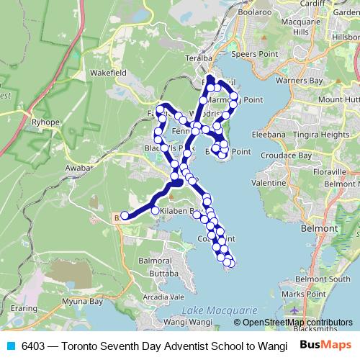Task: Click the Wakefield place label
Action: (x=109, y=73)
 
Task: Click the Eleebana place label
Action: (x=269, y=134)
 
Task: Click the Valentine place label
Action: (x=269, y=184)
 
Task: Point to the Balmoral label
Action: (x=153, y=259)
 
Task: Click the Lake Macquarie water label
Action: (x=215, y=309)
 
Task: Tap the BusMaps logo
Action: (x=325, y=345)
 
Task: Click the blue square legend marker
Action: (x=11, y=346)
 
